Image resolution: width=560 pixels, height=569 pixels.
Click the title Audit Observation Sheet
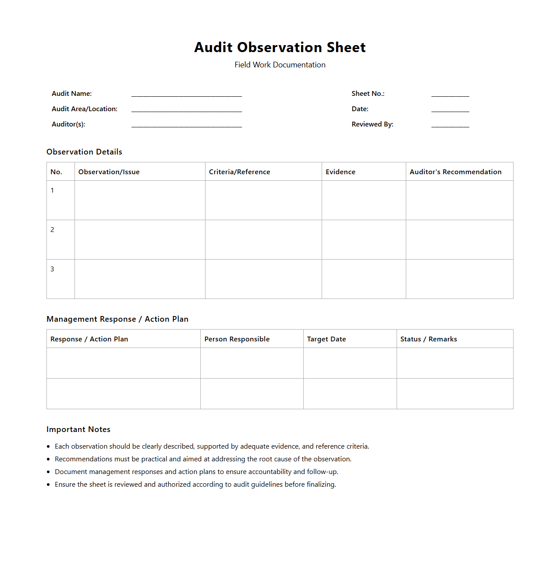pos(280,47)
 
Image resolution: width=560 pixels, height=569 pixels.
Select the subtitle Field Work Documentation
pos(280,65)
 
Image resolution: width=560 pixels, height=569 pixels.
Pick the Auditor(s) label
pos(68,124)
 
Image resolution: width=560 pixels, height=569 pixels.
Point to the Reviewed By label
pos(372,124)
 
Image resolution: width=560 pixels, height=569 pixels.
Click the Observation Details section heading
pos(84,152)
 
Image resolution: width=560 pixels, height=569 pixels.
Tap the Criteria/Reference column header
pos(239,172)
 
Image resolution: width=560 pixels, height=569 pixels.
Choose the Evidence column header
pos(340,172)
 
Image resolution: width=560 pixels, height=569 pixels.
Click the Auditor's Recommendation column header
pos(455,172)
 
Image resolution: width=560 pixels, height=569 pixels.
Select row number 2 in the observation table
pos(52,230)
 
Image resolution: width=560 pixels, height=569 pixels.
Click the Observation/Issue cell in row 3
pos(140,279)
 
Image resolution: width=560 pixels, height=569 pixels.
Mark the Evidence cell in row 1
pos(364,200)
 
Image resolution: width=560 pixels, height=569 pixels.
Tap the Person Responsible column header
pos(237,339)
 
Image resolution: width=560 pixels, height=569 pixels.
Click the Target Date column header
pos(326,339)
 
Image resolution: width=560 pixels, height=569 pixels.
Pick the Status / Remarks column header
pos(428,339)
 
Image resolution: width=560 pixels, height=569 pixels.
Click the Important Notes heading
pos(78,429)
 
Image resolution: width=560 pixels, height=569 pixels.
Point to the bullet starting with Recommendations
pos(203,459)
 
